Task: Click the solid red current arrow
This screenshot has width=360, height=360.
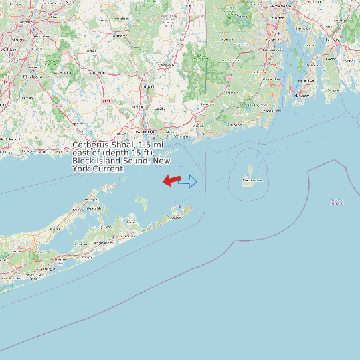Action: tap(171, 180)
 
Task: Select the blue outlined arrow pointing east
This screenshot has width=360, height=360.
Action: tap(188, 181)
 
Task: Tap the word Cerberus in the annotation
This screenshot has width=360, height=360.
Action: tap(91, 145)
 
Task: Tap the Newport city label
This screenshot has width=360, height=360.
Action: tap(302, 95)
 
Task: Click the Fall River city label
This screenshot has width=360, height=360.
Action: tap(332, 39)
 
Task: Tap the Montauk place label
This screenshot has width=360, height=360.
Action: tap(176, 216)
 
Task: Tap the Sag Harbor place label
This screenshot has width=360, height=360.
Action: tap(104, 227)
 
